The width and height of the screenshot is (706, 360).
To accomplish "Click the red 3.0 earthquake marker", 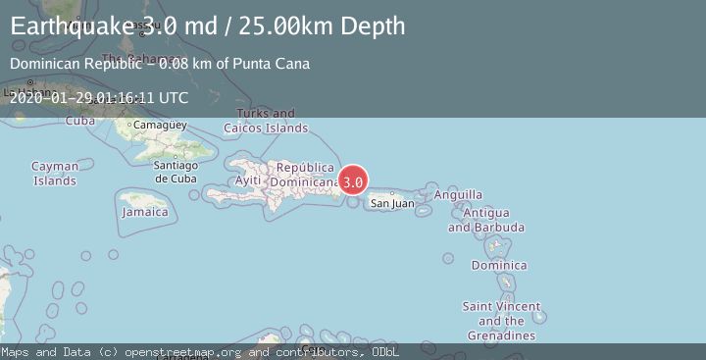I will pos(353,180).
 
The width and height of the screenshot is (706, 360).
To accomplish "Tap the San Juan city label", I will pos(391,204).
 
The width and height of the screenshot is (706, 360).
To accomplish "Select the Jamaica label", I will pos(144,212).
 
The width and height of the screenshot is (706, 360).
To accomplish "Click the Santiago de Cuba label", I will pos(176,172).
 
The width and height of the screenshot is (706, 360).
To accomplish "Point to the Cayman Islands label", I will pos(55,174).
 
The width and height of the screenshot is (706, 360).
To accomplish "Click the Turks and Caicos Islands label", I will pos(266,121).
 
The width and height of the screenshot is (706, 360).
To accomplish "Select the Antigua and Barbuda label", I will pos(485,220).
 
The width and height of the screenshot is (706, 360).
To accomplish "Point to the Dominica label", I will pos(499,266).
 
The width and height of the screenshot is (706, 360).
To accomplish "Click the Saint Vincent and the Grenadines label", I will pos(501,321).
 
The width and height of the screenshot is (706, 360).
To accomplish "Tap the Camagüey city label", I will pos(159,126).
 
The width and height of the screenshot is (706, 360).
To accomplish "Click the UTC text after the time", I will pos(173,97).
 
